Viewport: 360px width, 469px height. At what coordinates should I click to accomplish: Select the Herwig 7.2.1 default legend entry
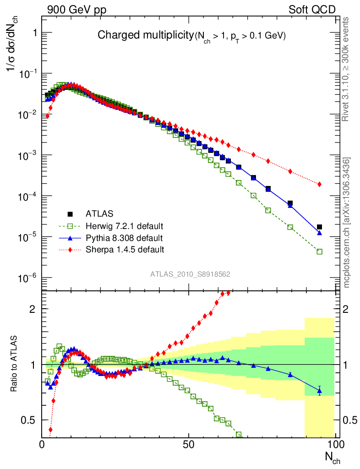tap(124, 226)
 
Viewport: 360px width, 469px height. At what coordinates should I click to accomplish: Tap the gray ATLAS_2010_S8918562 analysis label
tap(190, 274)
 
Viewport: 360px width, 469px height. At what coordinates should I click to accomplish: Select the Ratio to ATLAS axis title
tap(14, 364)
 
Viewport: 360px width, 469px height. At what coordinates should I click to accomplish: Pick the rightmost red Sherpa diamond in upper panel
tap(319, 184)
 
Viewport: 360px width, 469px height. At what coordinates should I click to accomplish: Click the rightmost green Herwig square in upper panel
tap(319, 251)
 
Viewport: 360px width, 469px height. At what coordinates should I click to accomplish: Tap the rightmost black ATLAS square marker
tap(319, 227)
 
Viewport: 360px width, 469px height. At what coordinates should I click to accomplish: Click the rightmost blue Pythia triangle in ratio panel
tap(319, 390)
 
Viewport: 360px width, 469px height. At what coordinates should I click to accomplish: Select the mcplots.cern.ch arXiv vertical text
tap(347, 222)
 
